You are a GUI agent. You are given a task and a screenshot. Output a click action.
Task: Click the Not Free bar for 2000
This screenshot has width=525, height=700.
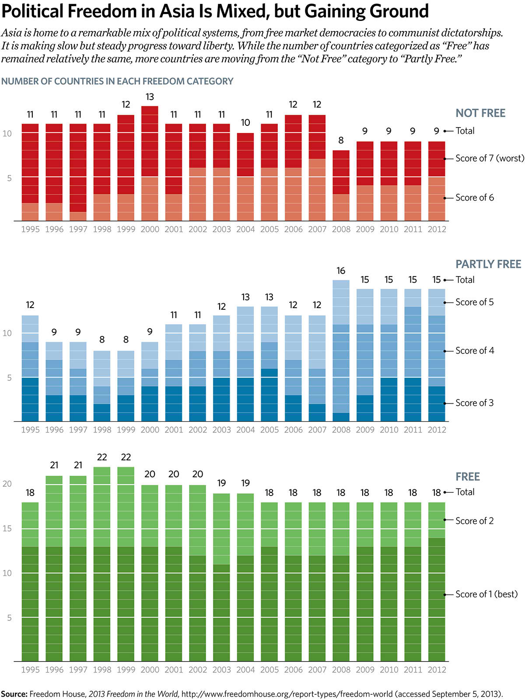point(150,164)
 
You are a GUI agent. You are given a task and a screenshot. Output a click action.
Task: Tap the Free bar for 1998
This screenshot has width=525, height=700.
point(102,564)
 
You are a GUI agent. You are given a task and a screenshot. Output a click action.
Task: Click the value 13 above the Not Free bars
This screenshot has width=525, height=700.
point(150,97)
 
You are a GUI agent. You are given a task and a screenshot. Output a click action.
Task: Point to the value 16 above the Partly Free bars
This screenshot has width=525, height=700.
point(341,271)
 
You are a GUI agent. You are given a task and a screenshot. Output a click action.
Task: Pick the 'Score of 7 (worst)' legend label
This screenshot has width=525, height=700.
point(490,159)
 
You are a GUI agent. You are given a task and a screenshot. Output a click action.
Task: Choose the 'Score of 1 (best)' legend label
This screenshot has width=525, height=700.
point(486,594)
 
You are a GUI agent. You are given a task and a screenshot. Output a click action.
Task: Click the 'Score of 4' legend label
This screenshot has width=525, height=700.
point(475,351)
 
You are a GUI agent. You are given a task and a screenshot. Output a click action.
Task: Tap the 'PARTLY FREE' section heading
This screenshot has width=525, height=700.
point(488,264)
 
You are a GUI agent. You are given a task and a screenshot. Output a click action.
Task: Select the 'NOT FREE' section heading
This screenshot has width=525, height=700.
point(480,113)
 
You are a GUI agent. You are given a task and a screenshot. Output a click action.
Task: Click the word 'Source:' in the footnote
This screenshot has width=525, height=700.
point(14,694)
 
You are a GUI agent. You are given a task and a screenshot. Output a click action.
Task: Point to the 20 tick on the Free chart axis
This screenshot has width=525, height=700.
point(7,484)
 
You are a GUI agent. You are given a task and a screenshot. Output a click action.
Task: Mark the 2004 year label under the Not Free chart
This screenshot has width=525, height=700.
point(245,229)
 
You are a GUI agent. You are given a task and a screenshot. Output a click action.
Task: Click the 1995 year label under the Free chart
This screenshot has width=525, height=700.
point(30,670)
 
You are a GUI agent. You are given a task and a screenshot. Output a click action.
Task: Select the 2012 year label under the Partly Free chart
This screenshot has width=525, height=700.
point(437,430)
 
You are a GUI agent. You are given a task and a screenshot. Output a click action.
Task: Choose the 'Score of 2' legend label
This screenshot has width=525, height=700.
point(474,521)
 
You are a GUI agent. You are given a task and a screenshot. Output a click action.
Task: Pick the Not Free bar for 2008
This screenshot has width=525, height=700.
point(341,186)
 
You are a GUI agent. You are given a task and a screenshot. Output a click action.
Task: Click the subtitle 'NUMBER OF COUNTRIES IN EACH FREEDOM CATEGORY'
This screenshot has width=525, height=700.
point(117,81)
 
